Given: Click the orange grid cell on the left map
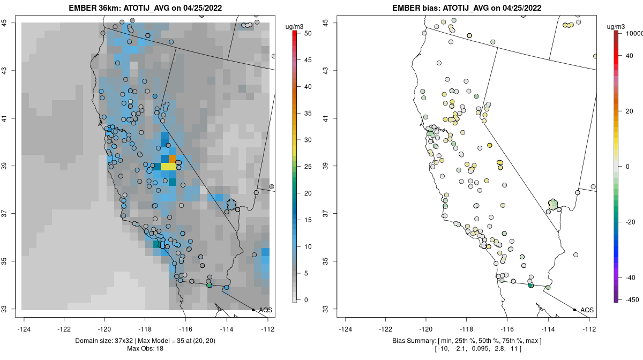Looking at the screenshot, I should [173, 159].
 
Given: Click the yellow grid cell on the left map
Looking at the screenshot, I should [168, 167].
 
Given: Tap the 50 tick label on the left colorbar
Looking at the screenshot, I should [307, 33].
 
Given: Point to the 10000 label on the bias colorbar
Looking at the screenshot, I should [634, 33].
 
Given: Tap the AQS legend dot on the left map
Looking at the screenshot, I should [253, 310].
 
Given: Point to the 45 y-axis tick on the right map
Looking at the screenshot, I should [325, 22].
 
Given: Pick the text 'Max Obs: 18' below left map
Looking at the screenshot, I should [145, 349].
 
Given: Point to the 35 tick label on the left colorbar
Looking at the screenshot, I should [307, 113].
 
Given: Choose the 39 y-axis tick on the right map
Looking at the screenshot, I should [325, 166].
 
